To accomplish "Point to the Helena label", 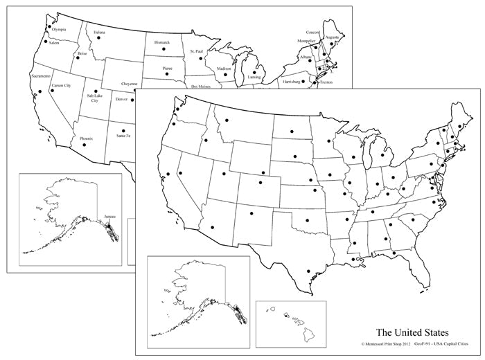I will [100, 32].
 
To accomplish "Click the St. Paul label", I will [197, 51].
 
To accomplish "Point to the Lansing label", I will [254, 78].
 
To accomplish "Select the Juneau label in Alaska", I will [109, 217].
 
